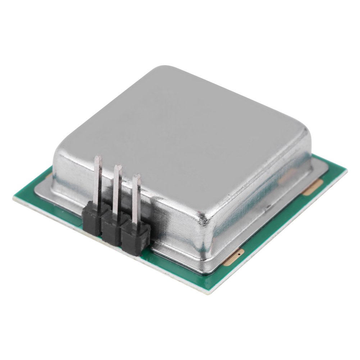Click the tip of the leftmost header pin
point(98,158)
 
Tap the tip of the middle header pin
point(118,167)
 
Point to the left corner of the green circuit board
point(14,196)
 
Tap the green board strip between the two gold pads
point(273,223)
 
